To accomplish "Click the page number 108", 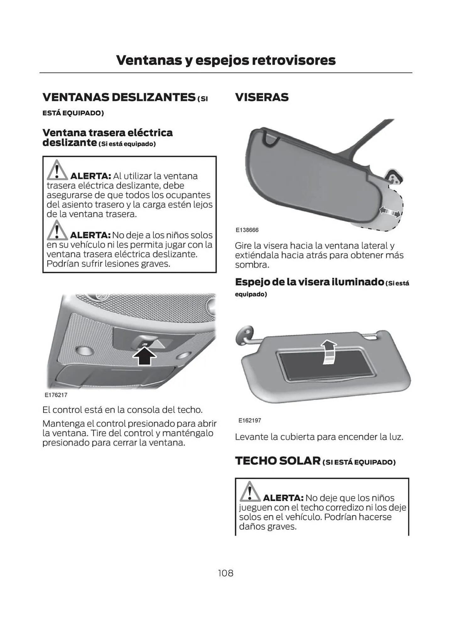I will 226,573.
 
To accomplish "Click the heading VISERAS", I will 262,97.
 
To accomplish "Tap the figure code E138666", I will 247,230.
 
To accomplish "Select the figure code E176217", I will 56,395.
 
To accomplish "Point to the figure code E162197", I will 250,420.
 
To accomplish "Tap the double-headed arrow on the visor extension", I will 390,212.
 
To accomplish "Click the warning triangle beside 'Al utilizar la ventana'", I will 57,171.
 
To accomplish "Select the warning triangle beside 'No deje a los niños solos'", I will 57,230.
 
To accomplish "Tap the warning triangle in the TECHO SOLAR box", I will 250,492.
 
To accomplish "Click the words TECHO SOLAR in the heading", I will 278,461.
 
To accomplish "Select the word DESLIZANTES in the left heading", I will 154,97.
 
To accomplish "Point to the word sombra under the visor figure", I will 252,265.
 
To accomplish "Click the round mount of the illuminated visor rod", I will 244,335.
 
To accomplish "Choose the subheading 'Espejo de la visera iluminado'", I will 309,282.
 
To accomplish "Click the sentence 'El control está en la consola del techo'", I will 122,410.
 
